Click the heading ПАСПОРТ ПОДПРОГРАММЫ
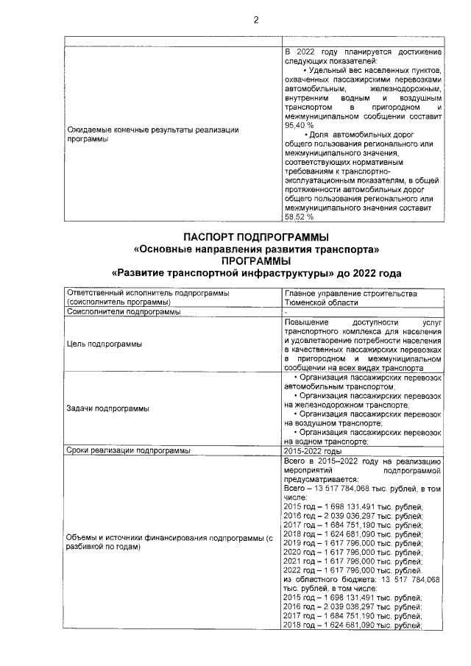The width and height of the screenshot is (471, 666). pos(255,237)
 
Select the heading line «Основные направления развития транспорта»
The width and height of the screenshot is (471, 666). pos(255,249)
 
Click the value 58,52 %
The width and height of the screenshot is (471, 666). pos(298,217)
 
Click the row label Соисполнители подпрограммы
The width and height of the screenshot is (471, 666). pos(123,311)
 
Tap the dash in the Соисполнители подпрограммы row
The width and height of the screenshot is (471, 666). pos(286,312)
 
